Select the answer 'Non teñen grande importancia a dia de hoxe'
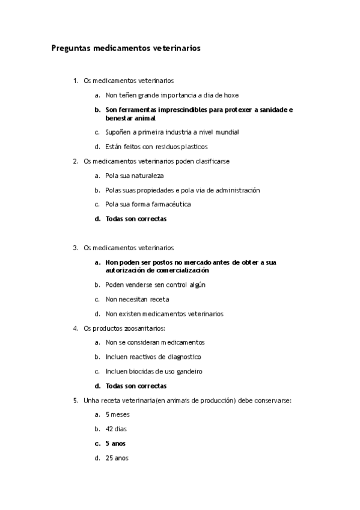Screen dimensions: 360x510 pos(172,95)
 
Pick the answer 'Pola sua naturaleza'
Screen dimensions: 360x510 pos(135,176)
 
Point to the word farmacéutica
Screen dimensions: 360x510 pos(172,204)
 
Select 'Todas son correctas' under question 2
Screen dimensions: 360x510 pos(136,219)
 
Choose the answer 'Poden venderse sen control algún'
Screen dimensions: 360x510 pos(155,285)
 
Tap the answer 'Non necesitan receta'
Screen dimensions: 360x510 pos(137,299)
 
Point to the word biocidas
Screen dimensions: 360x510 pos(139,371)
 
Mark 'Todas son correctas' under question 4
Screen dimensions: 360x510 pos(136,386)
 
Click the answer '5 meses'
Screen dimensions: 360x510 pos(117,414)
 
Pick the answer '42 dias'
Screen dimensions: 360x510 pos(116,429)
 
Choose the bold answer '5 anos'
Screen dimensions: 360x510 pos(115,443)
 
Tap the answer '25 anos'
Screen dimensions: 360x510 pos(117,458)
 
